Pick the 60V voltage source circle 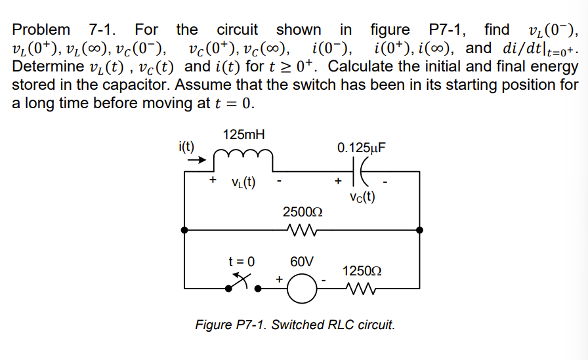click(x=301, y=288)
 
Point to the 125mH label click(x=243, y=134)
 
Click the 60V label click(x=302, y=262)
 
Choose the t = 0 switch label click(x=240, y=261)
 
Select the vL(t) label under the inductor click(x=242, y=182)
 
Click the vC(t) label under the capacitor click(x=362, y=196)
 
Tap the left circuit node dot click(x=186, y=230)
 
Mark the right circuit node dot click(x=419, y=230)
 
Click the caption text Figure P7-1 click(x=295, y=325)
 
